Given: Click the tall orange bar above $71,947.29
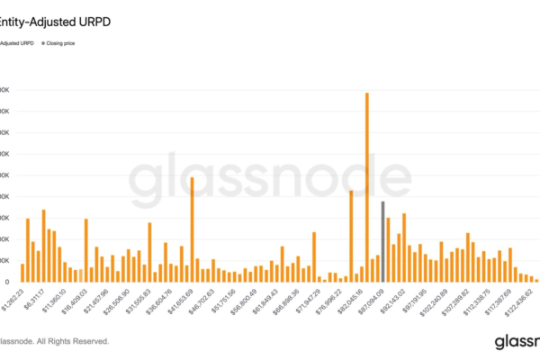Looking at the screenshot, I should click(x=314, y=257).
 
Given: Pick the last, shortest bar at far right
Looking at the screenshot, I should click(x=536, y=280).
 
